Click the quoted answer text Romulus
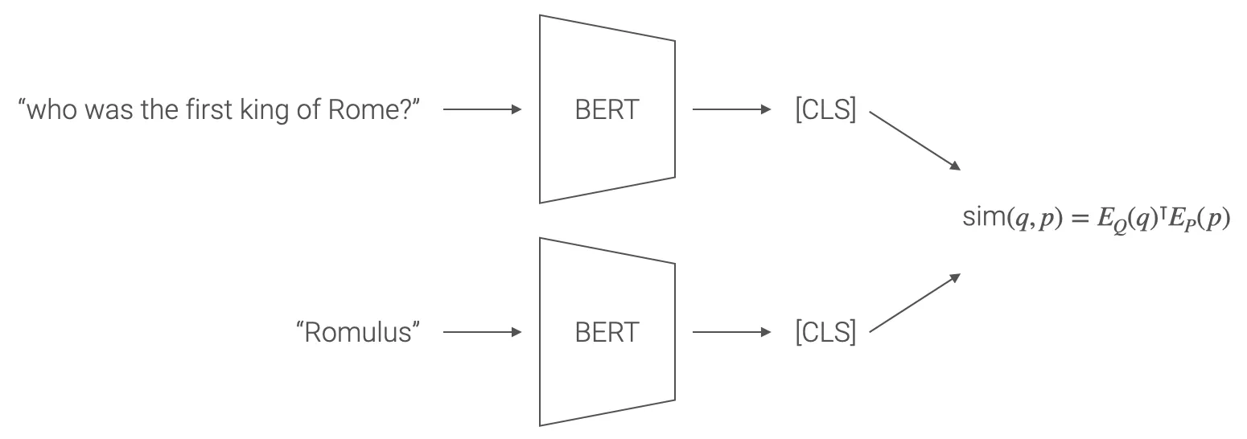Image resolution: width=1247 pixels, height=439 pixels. click(359, 332)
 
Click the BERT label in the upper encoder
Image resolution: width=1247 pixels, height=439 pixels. click(607, 110)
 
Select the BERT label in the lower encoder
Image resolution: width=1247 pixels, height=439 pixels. click(607, 332)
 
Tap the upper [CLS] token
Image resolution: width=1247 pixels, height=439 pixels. click(825, 110)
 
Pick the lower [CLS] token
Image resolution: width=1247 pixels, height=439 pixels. click(825, 332)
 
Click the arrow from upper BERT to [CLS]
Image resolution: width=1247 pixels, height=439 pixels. click(731, 110)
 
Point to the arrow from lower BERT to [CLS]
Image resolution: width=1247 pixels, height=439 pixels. click(731, 332)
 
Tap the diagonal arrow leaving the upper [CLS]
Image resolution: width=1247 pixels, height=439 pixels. click(915, 141)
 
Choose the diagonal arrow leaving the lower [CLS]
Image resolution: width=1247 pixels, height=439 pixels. click(915, 303)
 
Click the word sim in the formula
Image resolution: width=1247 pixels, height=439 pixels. click(981, 219)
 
